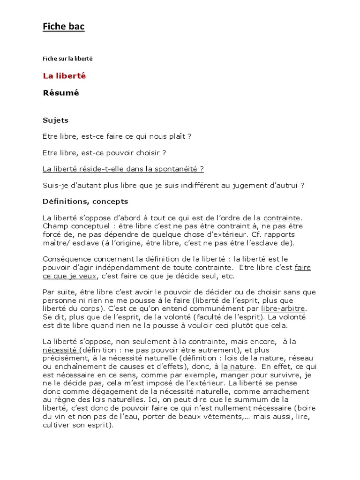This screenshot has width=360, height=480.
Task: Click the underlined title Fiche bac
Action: pos(63,27)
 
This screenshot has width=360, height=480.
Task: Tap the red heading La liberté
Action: pos(64,75)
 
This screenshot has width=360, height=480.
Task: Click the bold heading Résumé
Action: pos(61,93)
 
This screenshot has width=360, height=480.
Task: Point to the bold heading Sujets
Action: pos(55,120)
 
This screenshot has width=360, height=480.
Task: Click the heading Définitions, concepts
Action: pos(85,202)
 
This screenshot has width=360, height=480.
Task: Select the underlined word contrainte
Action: pos(283,218)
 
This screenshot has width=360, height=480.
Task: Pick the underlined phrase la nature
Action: pos(238,367)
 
